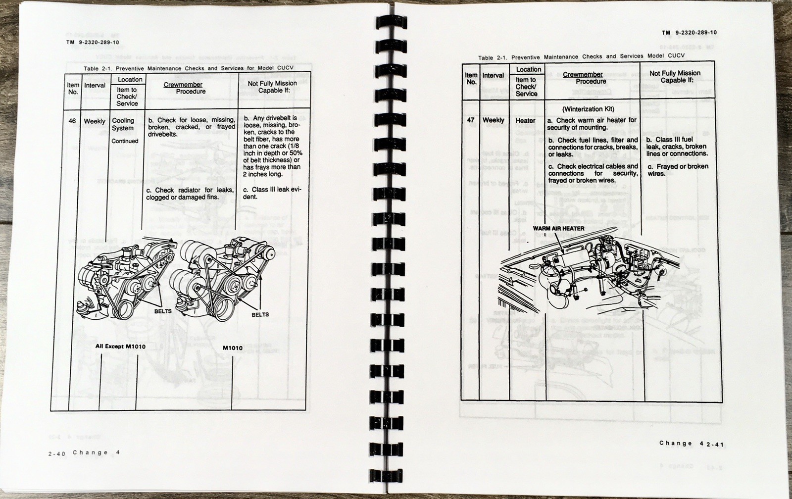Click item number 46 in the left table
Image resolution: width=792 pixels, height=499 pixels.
pos(72,121)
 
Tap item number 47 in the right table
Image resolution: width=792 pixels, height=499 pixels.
pos(471,120)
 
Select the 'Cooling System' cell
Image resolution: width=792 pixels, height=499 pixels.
pos(123,124)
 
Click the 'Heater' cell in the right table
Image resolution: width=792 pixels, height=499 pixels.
pos(525,120)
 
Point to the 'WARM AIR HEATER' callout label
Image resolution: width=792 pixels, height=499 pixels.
pos(558,228)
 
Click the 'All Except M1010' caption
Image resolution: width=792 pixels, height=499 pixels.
pos(120,346)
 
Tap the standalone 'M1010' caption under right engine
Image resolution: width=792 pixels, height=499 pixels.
pos(232,348)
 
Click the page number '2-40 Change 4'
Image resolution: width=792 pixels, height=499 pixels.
pos(85,453)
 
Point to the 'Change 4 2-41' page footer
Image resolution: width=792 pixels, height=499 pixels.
pos(691,444)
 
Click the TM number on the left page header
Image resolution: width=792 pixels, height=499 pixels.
pos(93,43)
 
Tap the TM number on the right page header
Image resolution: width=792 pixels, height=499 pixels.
pos(689,32)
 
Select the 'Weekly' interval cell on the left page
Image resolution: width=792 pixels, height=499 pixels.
pos(95,121)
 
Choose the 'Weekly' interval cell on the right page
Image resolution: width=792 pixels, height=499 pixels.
pos(493,120)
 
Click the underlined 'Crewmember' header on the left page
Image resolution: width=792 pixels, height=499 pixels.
pos(183,85)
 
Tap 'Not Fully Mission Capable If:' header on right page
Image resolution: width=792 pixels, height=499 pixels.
pos(675,76)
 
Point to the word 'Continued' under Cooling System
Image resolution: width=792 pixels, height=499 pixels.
pos(125,141)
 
